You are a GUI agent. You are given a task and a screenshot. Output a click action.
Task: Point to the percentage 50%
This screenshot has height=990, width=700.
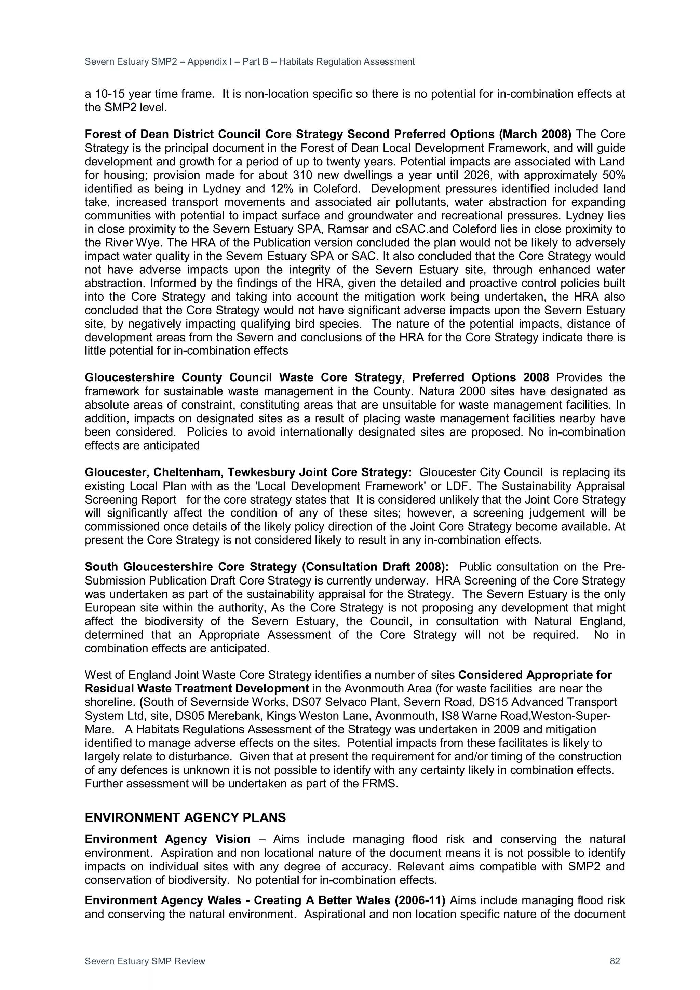pyautogui.click(x=612, y=175)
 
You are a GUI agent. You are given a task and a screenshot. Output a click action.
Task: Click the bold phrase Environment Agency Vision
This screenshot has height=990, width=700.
pyautogui.click(x=167, y=839)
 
